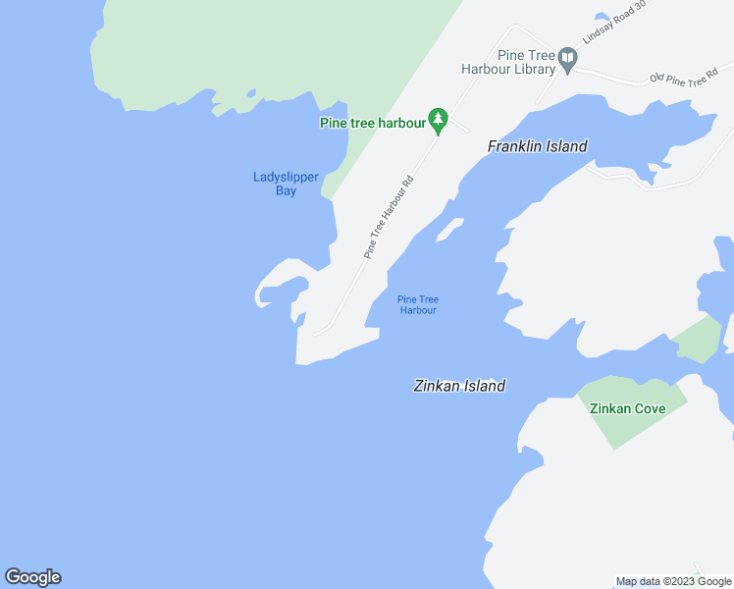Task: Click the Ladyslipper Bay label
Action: (286, 184)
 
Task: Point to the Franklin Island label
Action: (537, 146)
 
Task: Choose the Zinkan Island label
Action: (458, 386)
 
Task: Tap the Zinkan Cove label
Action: (627, 408)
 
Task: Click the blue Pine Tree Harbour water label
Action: (417, 304)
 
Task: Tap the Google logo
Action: (32, 577)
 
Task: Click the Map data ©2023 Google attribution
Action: (673, 581)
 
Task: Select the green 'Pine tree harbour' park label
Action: (372, 123)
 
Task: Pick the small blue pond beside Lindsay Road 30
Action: (602, 17)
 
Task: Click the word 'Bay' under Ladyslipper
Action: (286, 190)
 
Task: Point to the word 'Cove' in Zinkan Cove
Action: (649, 408)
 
